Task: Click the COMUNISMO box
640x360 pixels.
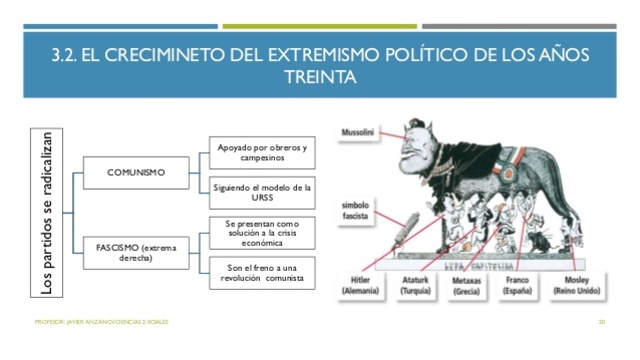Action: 135,172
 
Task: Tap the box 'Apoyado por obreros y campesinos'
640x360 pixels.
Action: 263,152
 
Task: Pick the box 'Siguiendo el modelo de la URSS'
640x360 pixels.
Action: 263,192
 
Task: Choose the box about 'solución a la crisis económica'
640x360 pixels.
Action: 262,232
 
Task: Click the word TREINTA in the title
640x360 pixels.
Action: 319,76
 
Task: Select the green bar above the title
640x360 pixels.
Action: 319,26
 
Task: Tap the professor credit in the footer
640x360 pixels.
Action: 100,321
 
